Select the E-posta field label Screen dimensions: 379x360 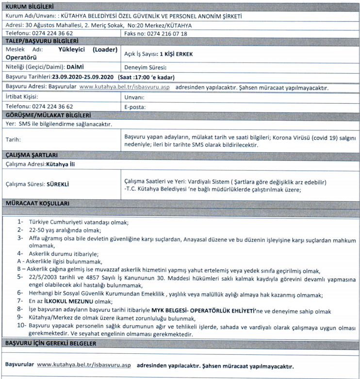tap(135, 106)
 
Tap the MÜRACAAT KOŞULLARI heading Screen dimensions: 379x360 tap(36, 202)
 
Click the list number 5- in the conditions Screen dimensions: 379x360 tap(20, 276)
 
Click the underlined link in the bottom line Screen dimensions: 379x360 tap(83, 364)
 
